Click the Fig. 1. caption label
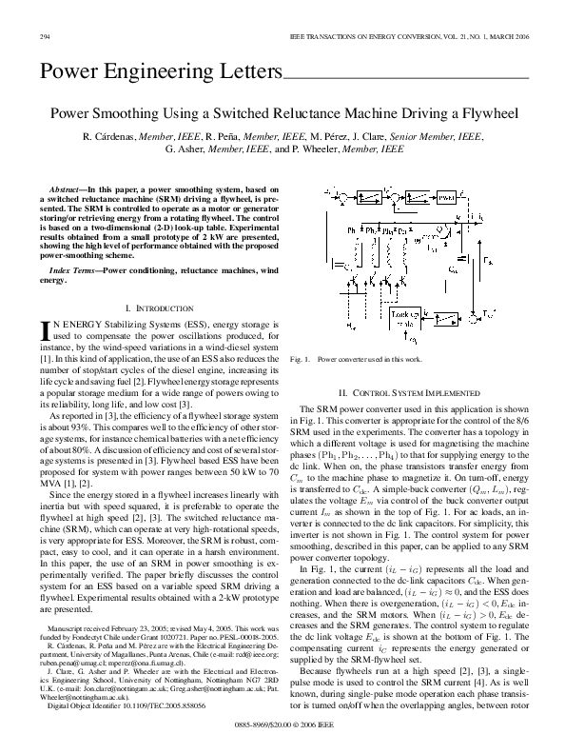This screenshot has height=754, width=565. (x=302, y=360)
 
